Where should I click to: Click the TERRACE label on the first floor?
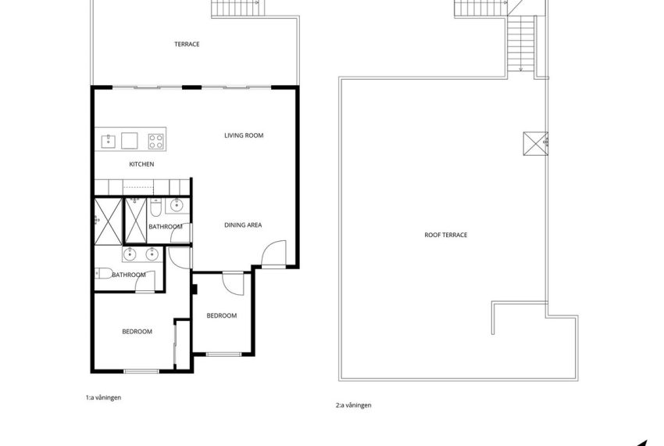point(187,45)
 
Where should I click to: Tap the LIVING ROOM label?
point(244,135)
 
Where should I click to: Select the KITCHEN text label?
point(141,164)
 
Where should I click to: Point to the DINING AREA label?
point(243,225)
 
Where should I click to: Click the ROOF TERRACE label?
point(445,235)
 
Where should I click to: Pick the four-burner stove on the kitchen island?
point(156,141)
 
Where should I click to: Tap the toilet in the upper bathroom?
point(156,209)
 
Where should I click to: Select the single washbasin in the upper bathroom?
point(176,207)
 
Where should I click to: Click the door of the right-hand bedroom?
point(233,282)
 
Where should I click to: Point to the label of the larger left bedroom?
point(137,332)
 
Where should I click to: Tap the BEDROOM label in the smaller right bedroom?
point(221,315)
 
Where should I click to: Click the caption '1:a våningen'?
point(103,397)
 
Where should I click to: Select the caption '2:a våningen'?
point(353,405)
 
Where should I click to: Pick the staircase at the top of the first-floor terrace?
point(237,9)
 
